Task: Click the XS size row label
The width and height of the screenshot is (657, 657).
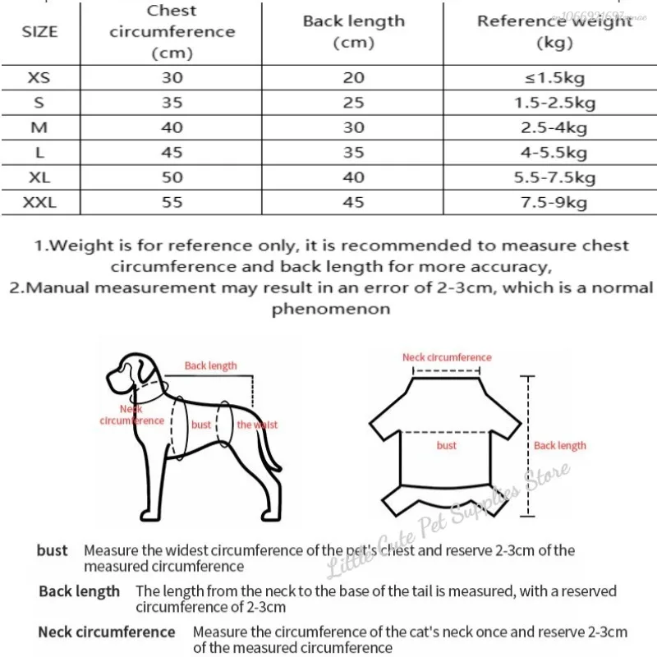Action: pos(39,78)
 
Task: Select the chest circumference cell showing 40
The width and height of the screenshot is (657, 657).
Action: pos(172,128)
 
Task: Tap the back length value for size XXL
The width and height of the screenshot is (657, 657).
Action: pos(353,202)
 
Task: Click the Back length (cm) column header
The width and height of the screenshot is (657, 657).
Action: pos(353,31)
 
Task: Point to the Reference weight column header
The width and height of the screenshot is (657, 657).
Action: pos(555,31)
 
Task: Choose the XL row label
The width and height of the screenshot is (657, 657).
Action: pos(39,177)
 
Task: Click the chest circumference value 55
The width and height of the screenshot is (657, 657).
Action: pos(172,202)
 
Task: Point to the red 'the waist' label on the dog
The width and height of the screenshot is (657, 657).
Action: pos(257,425)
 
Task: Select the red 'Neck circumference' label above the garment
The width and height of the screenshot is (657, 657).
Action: pos(447,357)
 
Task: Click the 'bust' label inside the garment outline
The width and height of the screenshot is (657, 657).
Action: pos(447,445)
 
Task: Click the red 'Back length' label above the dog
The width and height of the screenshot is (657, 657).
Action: pos(210,365)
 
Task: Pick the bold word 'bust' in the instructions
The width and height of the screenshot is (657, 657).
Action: pos(53,550)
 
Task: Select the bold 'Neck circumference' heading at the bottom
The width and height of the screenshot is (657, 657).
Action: pos(107,632)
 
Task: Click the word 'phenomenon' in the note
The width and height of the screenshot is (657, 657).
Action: pos(330,310)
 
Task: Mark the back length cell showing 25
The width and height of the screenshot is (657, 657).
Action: pos(353,103)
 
